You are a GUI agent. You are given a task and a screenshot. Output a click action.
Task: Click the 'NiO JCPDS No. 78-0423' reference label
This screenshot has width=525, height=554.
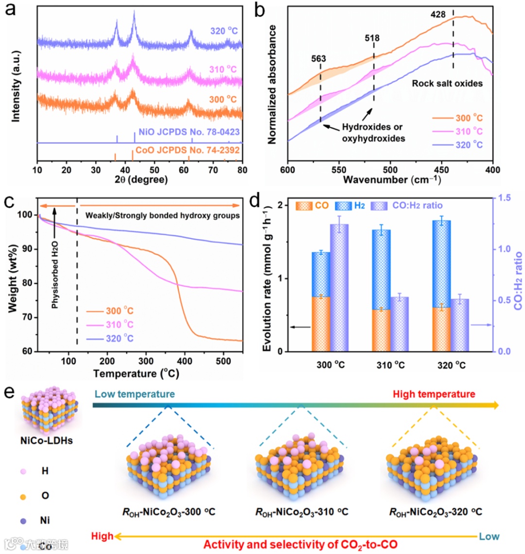[x=189, y=132]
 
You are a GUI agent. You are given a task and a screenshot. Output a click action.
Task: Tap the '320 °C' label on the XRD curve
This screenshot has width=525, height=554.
[x=224, y=31]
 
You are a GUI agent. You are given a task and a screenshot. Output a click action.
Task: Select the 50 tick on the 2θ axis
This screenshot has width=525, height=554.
[x=155, y=170]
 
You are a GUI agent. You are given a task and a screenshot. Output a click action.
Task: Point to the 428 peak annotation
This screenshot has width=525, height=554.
[x=438, y=15]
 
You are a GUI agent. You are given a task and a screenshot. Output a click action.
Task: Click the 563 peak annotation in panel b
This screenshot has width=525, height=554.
[x=318, y=59]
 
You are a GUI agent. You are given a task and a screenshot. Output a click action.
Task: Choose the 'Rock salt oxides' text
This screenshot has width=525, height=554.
[x=447, y=83]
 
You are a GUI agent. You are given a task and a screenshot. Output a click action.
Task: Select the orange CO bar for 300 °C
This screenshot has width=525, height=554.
[x=321, y=324]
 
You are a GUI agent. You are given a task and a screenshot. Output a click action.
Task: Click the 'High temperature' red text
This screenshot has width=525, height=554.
[x=434, y=394]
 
